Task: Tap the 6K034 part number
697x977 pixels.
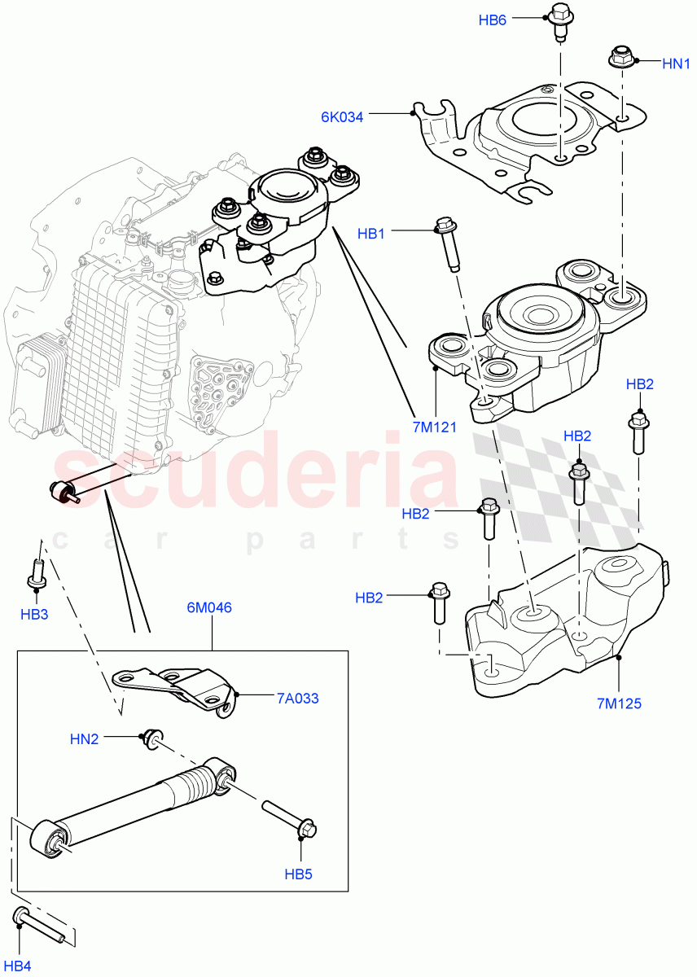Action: click(342, 116)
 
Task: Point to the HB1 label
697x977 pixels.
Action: click(371, 234)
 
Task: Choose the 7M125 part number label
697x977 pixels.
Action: click(619, 702)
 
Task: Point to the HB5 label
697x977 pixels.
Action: click(298, 874)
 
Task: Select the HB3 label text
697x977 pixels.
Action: click(34, 614)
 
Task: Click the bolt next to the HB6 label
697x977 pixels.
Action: click(560, 21)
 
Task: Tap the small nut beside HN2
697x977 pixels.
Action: click(151, 737)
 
